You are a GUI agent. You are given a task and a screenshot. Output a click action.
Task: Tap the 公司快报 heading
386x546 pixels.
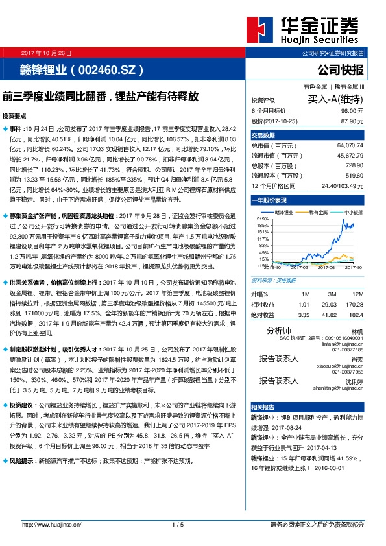pyautogui.click(x=341, y=69)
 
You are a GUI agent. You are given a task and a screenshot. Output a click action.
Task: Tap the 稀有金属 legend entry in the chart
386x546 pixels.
pyautogui.click(x=319, y=212)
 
